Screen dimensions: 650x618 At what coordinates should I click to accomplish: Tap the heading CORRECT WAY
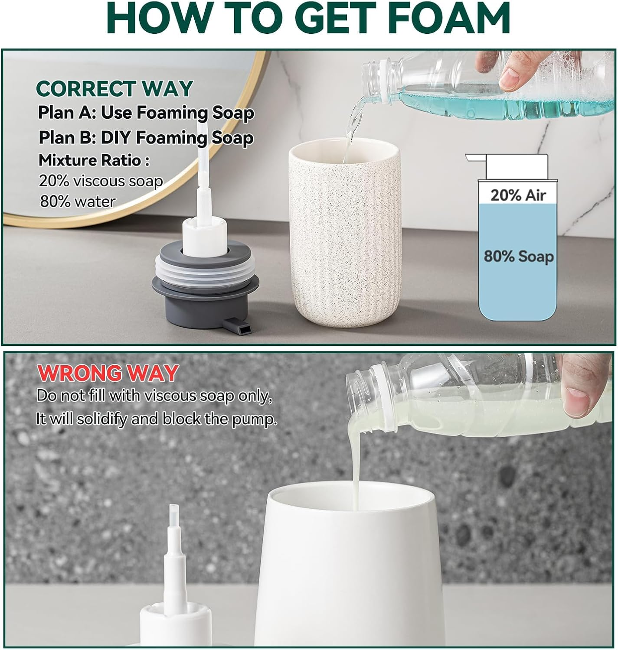114,89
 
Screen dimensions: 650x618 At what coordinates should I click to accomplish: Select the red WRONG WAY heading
108,373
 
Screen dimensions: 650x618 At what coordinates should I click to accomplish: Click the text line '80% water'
78,201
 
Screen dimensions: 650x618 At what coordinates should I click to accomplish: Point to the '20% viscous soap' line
101,181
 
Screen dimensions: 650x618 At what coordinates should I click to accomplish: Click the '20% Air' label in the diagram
518,195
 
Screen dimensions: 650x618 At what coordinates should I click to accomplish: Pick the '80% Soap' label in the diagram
519,257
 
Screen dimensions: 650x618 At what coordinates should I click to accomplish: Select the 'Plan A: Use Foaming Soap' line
146,113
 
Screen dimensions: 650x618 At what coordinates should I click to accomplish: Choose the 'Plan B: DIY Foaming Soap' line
146,138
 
